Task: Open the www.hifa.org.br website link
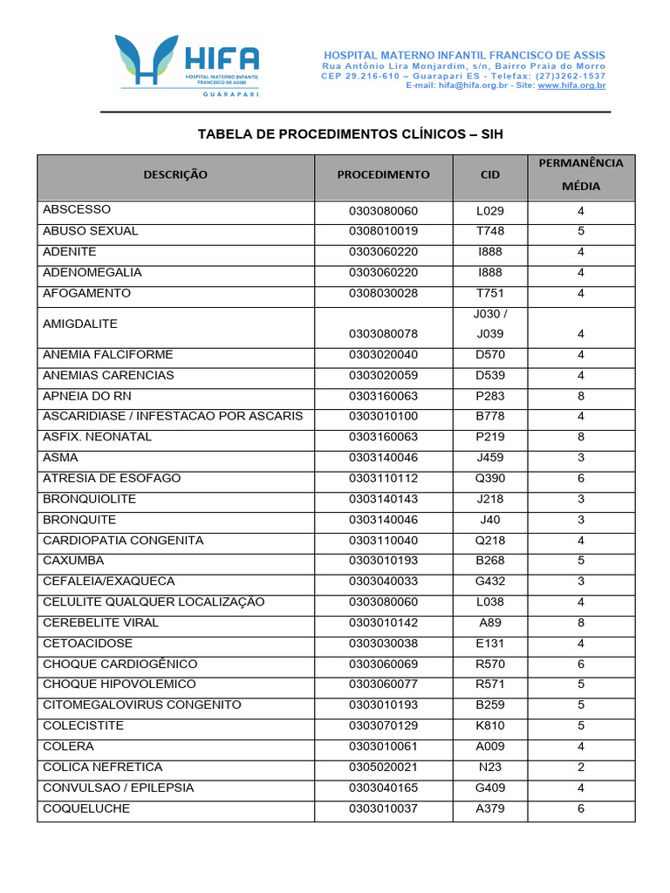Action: coord(571,85)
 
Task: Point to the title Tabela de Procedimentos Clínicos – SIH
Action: coord(351,134)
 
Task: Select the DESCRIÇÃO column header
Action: coord(175,174)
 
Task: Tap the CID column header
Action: coord(490,174)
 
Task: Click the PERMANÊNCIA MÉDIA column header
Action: coord(581,174)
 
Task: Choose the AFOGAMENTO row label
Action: coord(87,293)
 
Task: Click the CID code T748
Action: coord(490,231)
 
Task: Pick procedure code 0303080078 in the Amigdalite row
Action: coord(383,334)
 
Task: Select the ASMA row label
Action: coord(60,457)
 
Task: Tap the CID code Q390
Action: coord(490,478)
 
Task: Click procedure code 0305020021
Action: coord(383,767)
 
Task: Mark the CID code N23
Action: coord(490,767)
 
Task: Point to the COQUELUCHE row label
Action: coord(86,808)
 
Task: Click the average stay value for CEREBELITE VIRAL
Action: coord(581,623)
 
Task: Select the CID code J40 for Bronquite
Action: coord(490,520)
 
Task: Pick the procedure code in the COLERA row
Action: coord(383,746)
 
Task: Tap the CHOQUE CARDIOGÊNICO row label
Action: coord(120,664)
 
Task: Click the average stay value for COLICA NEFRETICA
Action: coord(581,767)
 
